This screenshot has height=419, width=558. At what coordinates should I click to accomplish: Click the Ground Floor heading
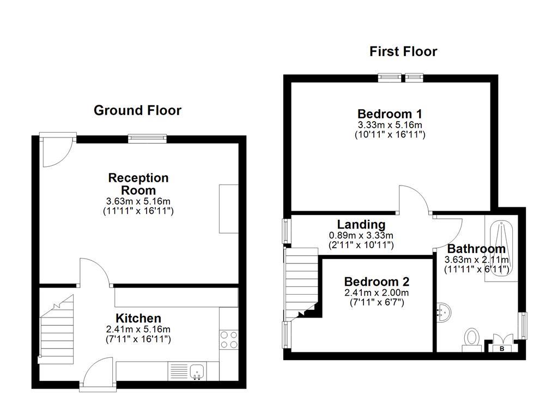tap(137, 110)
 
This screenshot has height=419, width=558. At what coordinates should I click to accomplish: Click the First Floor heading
tap(403, 52)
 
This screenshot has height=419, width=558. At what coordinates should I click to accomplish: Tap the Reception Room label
tap(138, 184)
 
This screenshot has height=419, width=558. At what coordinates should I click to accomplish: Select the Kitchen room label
tap(138, 318)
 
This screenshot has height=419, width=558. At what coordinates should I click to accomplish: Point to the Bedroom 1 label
tap(390, 114)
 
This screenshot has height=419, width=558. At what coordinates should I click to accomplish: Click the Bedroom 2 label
tap(377, 282)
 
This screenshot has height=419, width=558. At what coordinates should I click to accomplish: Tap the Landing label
tap(361, 224)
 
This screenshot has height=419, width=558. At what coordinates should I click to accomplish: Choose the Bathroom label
tap(476, 249)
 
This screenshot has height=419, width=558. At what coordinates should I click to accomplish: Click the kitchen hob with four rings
tap(229, 340)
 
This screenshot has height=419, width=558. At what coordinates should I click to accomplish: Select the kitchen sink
tap(197, 372)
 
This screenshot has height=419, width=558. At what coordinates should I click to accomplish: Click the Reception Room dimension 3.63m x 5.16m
tap(138, 201)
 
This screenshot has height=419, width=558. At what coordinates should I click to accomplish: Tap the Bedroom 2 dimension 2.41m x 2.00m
tap(377, 292)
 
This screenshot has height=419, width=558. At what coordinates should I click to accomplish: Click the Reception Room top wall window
tap(147, 139)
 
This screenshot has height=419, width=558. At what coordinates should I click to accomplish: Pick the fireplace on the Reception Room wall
tap(229, 208)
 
